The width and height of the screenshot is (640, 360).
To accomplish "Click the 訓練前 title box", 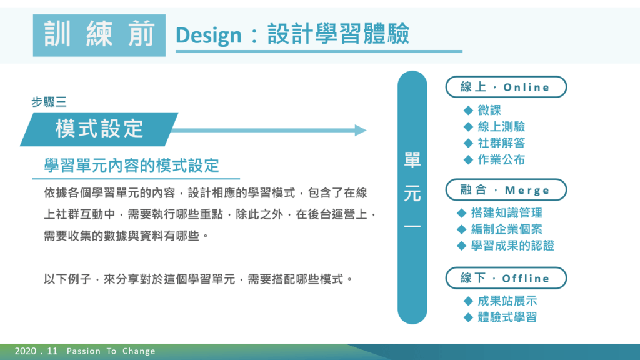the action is pos(99,35).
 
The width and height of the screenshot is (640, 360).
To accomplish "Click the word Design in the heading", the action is pos(209,36).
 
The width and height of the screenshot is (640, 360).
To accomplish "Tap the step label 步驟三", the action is pos(49,102).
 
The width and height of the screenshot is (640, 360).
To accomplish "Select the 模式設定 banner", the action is pos(99,129).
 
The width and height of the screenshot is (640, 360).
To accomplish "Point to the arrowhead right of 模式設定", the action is pos(361,130).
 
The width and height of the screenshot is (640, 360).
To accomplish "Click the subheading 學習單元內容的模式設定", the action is pos(132,166).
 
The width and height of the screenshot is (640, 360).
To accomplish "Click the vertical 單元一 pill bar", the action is pos(412,197).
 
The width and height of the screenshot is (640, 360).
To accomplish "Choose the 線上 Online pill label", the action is pos(506,87).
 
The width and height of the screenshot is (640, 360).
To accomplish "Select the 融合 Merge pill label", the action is pos(506,190).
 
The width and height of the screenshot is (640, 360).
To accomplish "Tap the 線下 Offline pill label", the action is pos(506,278).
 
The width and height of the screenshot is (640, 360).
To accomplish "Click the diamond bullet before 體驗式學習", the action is pos(468,317).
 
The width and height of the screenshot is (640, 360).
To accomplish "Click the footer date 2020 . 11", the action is pos(36,351).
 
